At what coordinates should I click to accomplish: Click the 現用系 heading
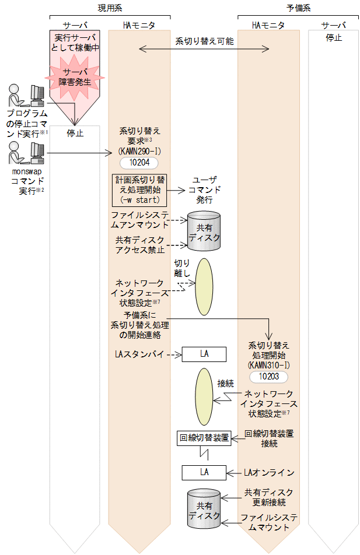(110, 7)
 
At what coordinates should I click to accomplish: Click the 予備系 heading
(298, 7)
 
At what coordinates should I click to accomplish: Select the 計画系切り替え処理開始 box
(139, 189)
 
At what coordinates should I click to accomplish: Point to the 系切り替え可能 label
(204, 41)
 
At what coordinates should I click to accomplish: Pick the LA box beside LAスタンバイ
(204, 354)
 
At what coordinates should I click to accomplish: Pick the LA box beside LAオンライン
(204, 472)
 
